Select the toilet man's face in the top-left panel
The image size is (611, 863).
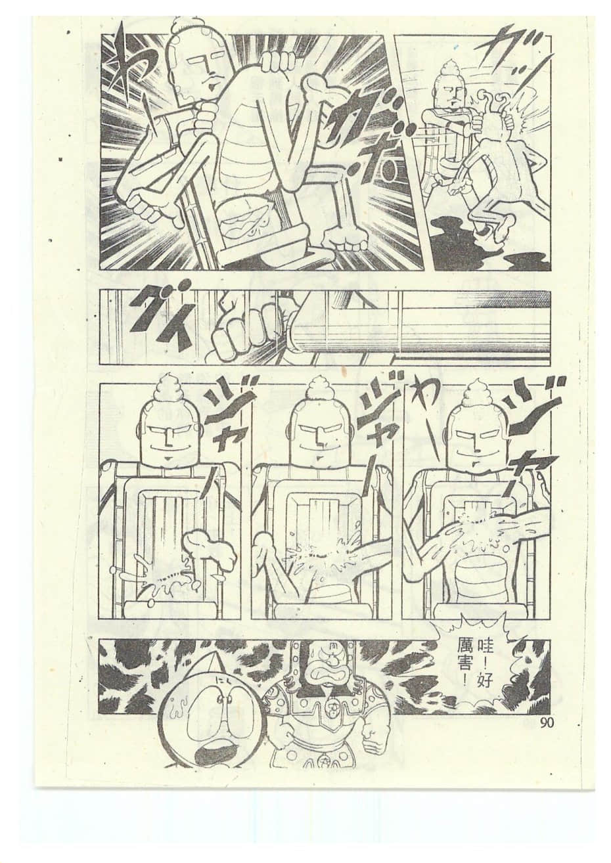pos(198,69)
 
